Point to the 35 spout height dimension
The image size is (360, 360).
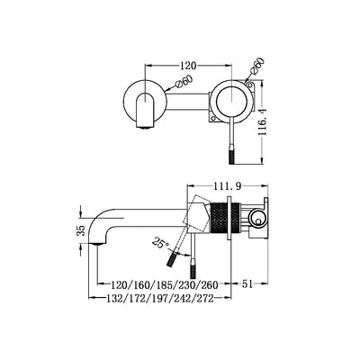point(81,230)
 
